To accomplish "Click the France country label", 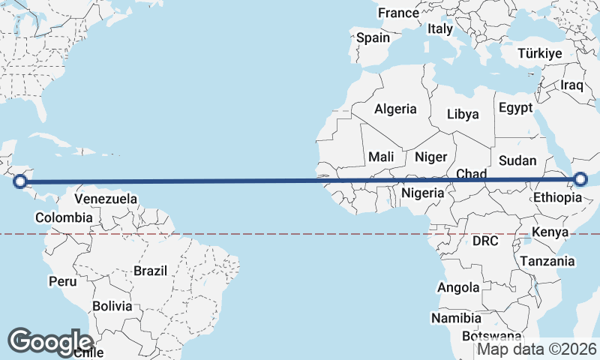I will click(398, 13).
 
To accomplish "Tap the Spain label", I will click(373, 37).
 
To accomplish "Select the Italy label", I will click(440, 29).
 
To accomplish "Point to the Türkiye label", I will click(539, 53).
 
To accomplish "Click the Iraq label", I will click(571, 85).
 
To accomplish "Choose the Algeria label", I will click(395, 109).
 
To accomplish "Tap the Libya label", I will click(462, 115).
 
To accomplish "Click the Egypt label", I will click(514, 107).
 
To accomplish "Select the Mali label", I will click(381, 157).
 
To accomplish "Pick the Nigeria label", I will click(424, 192).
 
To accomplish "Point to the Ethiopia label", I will click(557, 198).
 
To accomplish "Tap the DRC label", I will click(486, 241).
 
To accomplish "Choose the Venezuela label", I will click(106, 199).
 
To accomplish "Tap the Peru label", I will click(62, 281).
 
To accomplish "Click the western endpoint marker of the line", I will click(20, 181).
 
